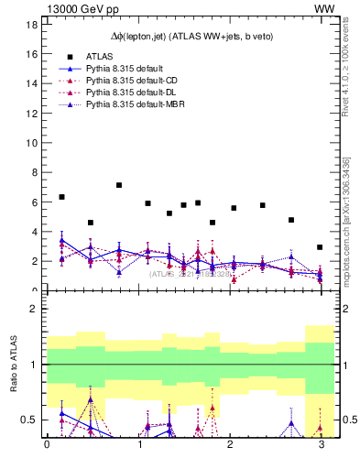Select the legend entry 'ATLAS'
tap(98, 56)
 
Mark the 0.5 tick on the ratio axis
tap(29, 420)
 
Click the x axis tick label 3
tap(320, 446)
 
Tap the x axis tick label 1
tap(137, 446)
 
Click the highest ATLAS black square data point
tap(119, 185)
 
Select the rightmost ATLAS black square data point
tap(320, 247)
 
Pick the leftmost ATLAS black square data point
tap(61, 197)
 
